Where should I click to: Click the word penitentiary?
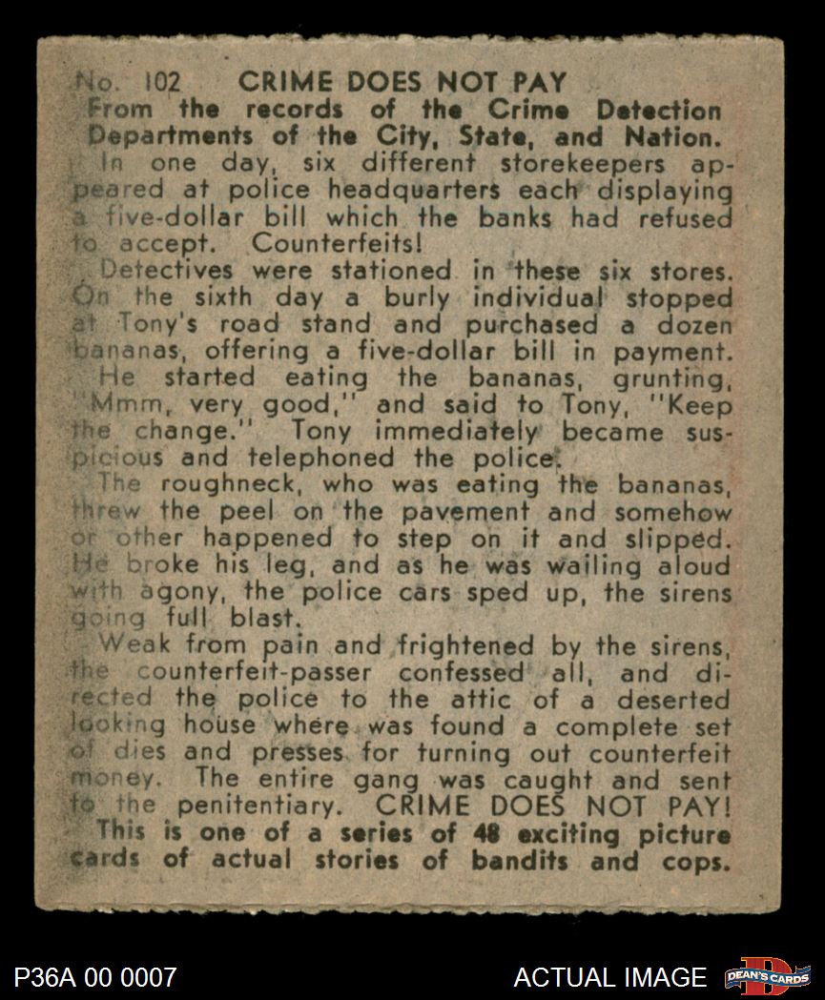click(258, 806)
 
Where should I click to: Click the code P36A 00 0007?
click(95, 977)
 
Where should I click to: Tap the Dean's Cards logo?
click(767, 976)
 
